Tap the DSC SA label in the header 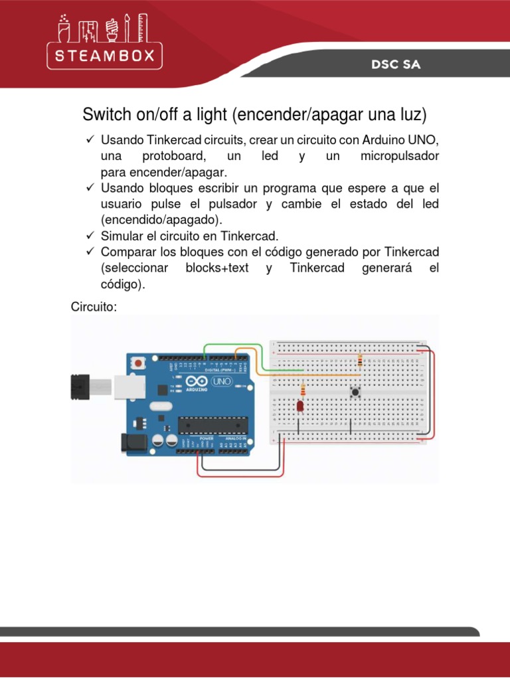click(396, 65)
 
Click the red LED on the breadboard click(300, 405)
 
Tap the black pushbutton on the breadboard click(356, 392)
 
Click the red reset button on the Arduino click(138, 363)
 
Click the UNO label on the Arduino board click(220, 382)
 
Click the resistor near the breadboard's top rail click(360, 361)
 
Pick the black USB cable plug click(80, 386)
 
